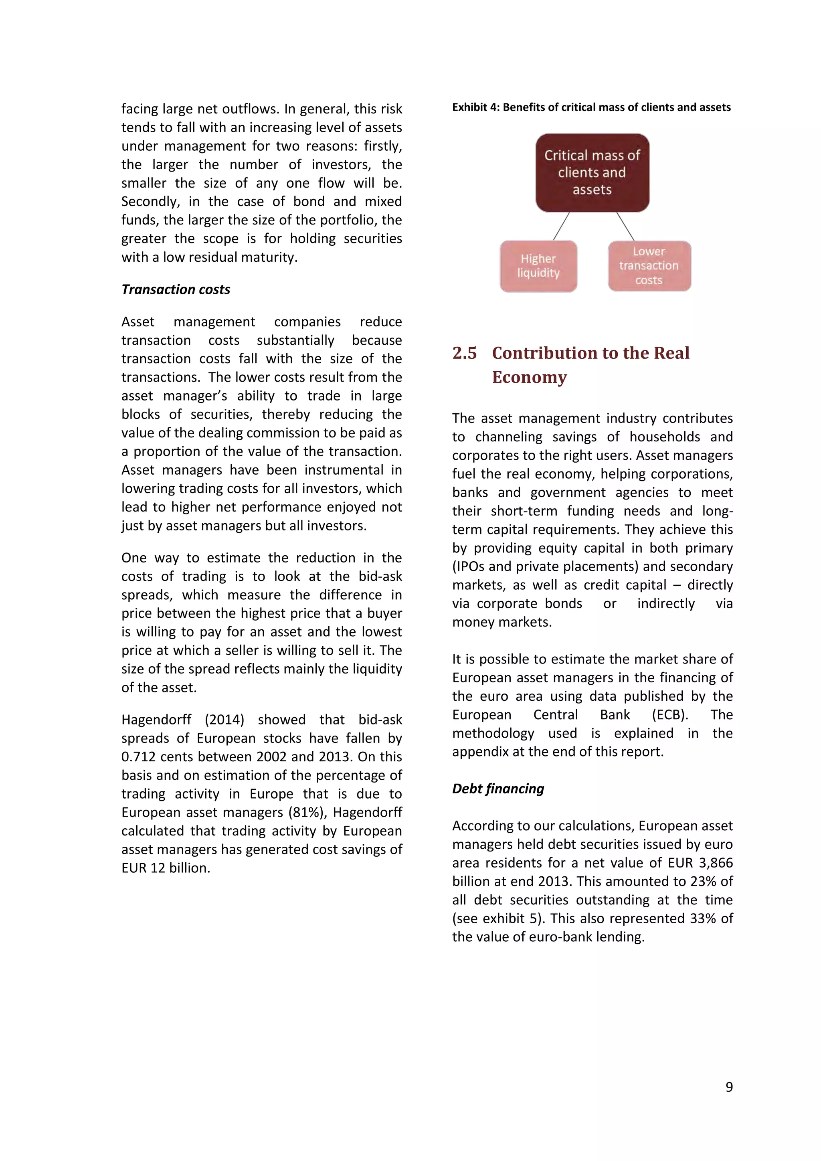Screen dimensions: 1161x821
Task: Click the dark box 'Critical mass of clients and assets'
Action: tap(592, 172)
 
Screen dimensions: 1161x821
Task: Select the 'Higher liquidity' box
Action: tap(538, 266)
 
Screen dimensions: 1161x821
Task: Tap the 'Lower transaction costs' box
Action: tap(649, 266)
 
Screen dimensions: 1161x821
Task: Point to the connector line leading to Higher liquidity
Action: tap(561, 226)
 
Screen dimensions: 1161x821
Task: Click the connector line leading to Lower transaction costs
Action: tap(625, 226)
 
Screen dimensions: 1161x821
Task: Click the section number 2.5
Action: tap(464, 353)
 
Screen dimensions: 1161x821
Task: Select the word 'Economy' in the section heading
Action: tap(529, 377)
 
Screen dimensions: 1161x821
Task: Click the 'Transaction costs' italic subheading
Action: tap(176, 290)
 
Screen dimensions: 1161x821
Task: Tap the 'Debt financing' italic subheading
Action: tap(498, 789)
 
